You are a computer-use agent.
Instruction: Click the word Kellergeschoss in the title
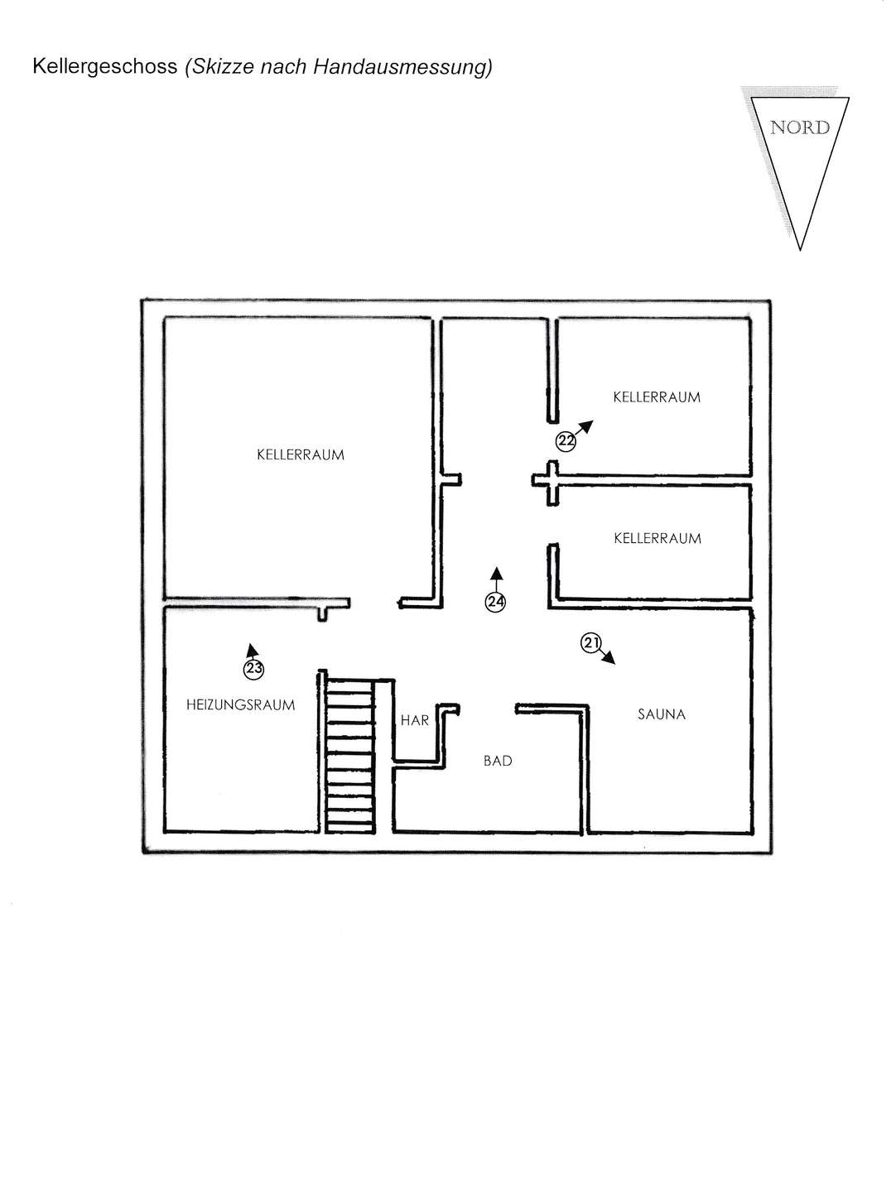click(105, 66)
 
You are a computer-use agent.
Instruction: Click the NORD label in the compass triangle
click(800, 127)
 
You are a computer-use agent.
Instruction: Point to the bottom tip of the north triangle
click(800, 249)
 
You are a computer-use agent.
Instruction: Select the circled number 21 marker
click(590, 643)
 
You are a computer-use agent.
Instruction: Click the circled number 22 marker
click(566, 441)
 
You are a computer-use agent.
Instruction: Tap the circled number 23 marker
click(253, 669)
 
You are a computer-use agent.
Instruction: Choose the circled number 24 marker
click(495, 602)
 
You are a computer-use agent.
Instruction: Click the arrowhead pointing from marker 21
click(609, 658)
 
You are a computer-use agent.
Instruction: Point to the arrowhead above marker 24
click(496, 574)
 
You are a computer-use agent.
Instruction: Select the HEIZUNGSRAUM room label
click(241, 705)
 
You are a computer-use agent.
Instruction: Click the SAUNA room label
click(662, 714)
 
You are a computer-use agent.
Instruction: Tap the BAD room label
click(498, 761)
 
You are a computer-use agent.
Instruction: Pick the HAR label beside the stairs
click(415, 720)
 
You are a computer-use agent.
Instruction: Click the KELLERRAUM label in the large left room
click(301, 454)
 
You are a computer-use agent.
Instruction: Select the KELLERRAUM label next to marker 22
click(657, 397)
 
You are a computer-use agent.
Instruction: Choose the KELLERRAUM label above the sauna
click(658, 538)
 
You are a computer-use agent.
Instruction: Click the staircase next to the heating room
click(350, 756)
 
